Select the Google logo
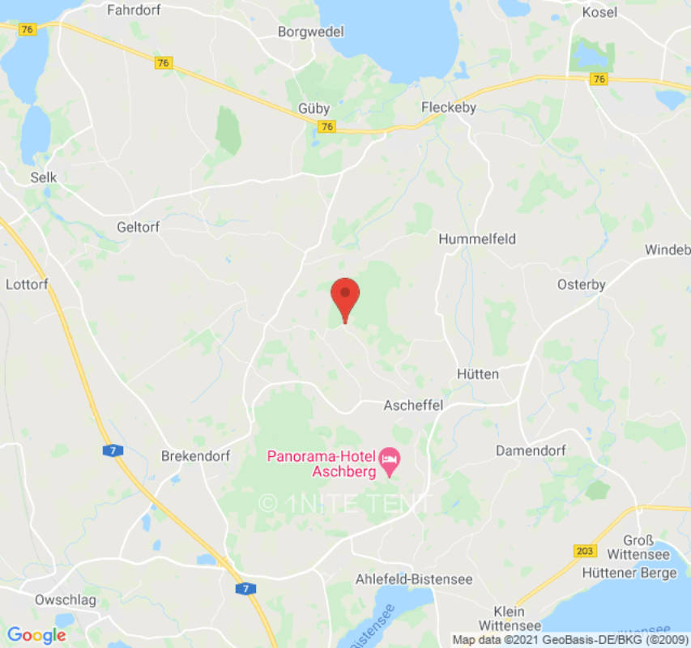(x=36, y=635)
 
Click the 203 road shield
(x=584, y=552)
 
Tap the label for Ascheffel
(x=413, y=405)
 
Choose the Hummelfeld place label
(x=477, y=239)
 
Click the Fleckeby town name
(x=449, y=108)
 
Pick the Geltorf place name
(x=138, y=228)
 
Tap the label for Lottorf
(x=27, y=284)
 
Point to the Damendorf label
(x=531, y=450)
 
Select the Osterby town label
(x=582, y=284)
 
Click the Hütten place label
(x=478, y=374)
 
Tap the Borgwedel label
(x=311, y=32)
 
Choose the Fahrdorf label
(x=137, y=11)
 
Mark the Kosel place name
(x=599, y=12)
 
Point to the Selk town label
(x=44, y=177)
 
